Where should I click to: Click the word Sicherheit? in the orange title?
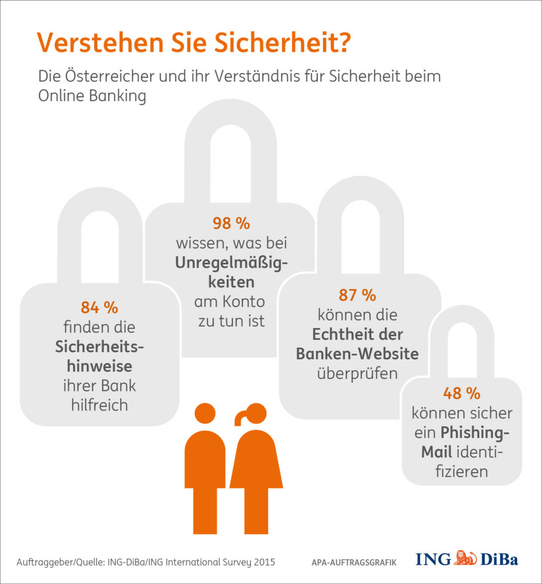pos(282,43)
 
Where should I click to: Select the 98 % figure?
pos(231,223)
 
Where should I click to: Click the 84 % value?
pos(99,307)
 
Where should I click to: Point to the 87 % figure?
pos(357,295)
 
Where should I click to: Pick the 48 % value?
pos(461,393)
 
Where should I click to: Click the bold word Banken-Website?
pos(357,354)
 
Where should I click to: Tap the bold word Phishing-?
pos(475,432)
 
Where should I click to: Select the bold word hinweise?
pos(99,366)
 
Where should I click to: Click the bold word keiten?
pos(231,282)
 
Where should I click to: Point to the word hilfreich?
pos(99,405)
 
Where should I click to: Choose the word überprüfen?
pos(357,374)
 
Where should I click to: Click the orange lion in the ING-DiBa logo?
pos(465,559)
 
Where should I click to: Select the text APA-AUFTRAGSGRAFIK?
pos(354,563)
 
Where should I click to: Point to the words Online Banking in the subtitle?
pos(92,96)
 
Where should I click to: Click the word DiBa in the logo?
pos(499,560)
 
